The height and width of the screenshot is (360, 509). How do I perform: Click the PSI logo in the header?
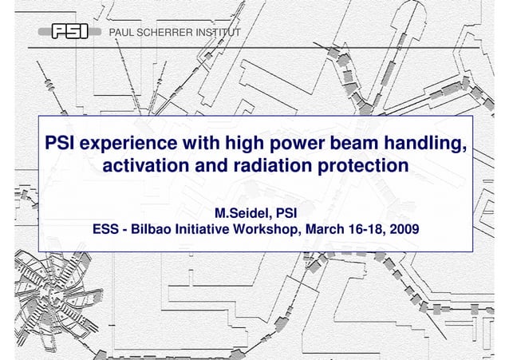(x=70, y=31)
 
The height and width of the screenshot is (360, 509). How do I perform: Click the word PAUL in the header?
(x=124, y=31)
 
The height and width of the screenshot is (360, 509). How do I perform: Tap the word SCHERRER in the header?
(x=168, y=31)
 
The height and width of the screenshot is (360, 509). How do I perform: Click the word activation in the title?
(x=152, y=168)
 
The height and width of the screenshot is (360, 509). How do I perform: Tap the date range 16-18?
(x=366, y=231)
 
